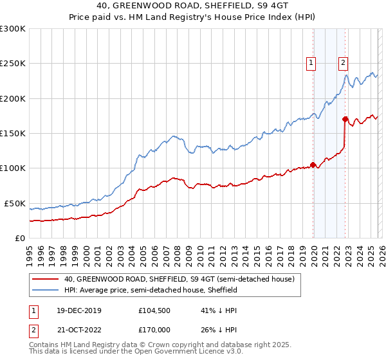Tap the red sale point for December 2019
(313, 165)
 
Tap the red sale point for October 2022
(345, 119)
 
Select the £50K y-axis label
(15, 203)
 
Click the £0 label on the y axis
(21, 238)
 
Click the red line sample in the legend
(46, 279)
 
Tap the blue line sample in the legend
(46, 290)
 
